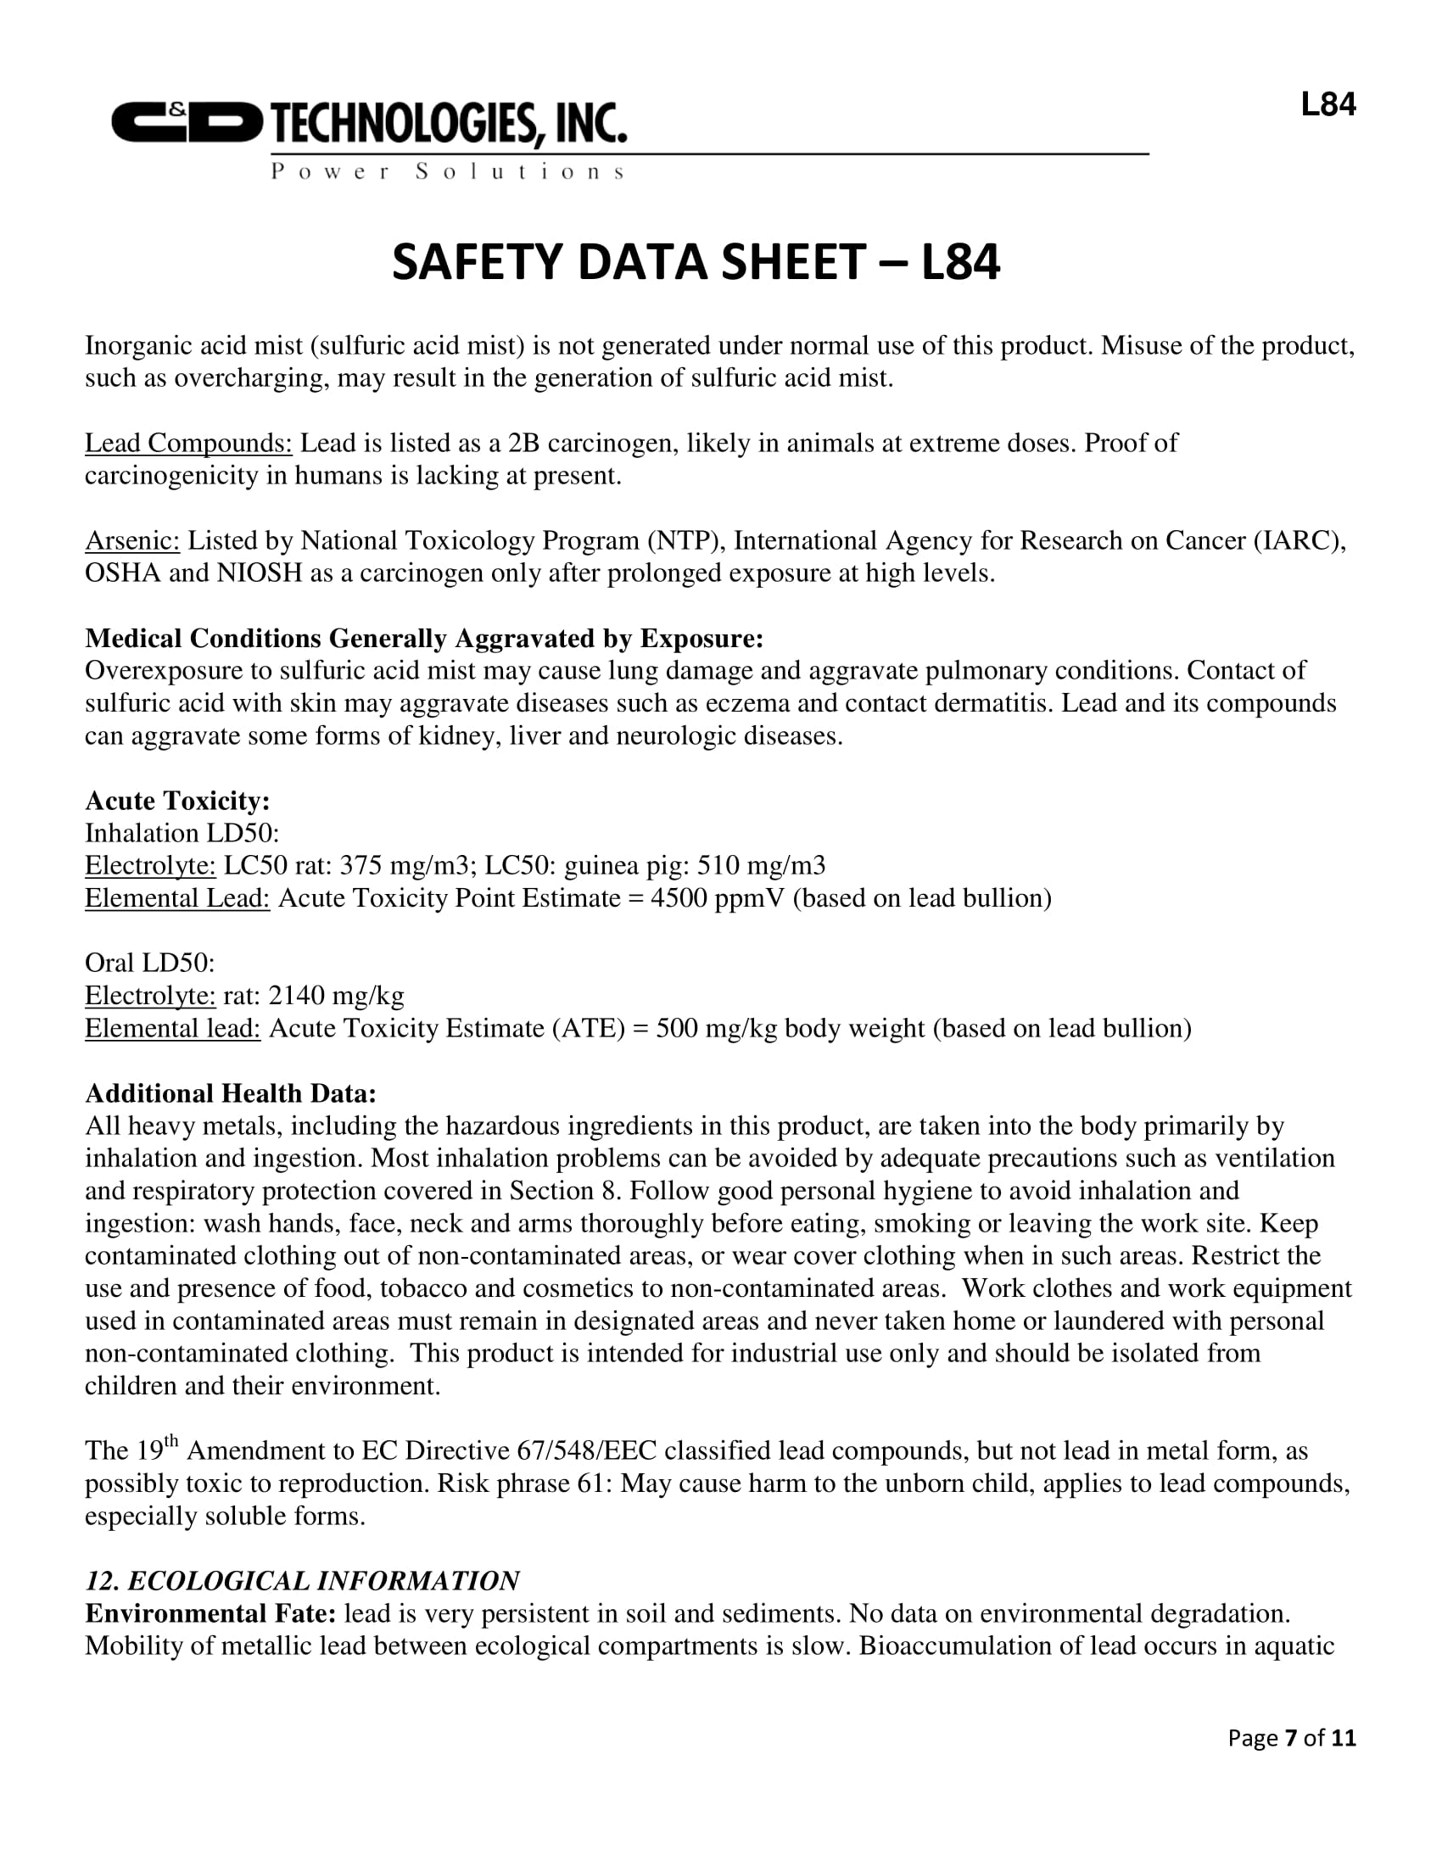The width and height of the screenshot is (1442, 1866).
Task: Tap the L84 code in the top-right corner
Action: point(1327,105)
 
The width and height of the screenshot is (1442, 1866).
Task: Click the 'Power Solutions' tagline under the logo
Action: point(448,171)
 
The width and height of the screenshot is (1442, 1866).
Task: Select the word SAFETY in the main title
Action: point(478,261)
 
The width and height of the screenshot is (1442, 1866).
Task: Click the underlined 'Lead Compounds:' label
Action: point(188,444)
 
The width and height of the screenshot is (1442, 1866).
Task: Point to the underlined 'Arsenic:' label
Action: point(132,541)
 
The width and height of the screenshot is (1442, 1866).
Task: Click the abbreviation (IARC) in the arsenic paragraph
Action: point(1299,541)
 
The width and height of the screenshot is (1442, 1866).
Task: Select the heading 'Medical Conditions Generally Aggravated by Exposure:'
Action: point(424,638)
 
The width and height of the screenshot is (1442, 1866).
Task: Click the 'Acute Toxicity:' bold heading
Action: point(177,801)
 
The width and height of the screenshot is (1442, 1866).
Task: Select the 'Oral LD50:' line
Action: point(149,964)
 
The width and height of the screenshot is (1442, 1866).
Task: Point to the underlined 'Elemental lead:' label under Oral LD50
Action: point(172,1029)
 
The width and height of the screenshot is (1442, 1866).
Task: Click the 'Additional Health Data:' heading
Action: point(231,1093)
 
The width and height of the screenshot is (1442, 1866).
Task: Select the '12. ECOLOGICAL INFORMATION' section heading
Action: point(303,1582)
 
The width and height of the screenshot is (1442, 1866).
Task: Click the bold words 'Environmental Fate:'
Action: point(210,1614)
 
